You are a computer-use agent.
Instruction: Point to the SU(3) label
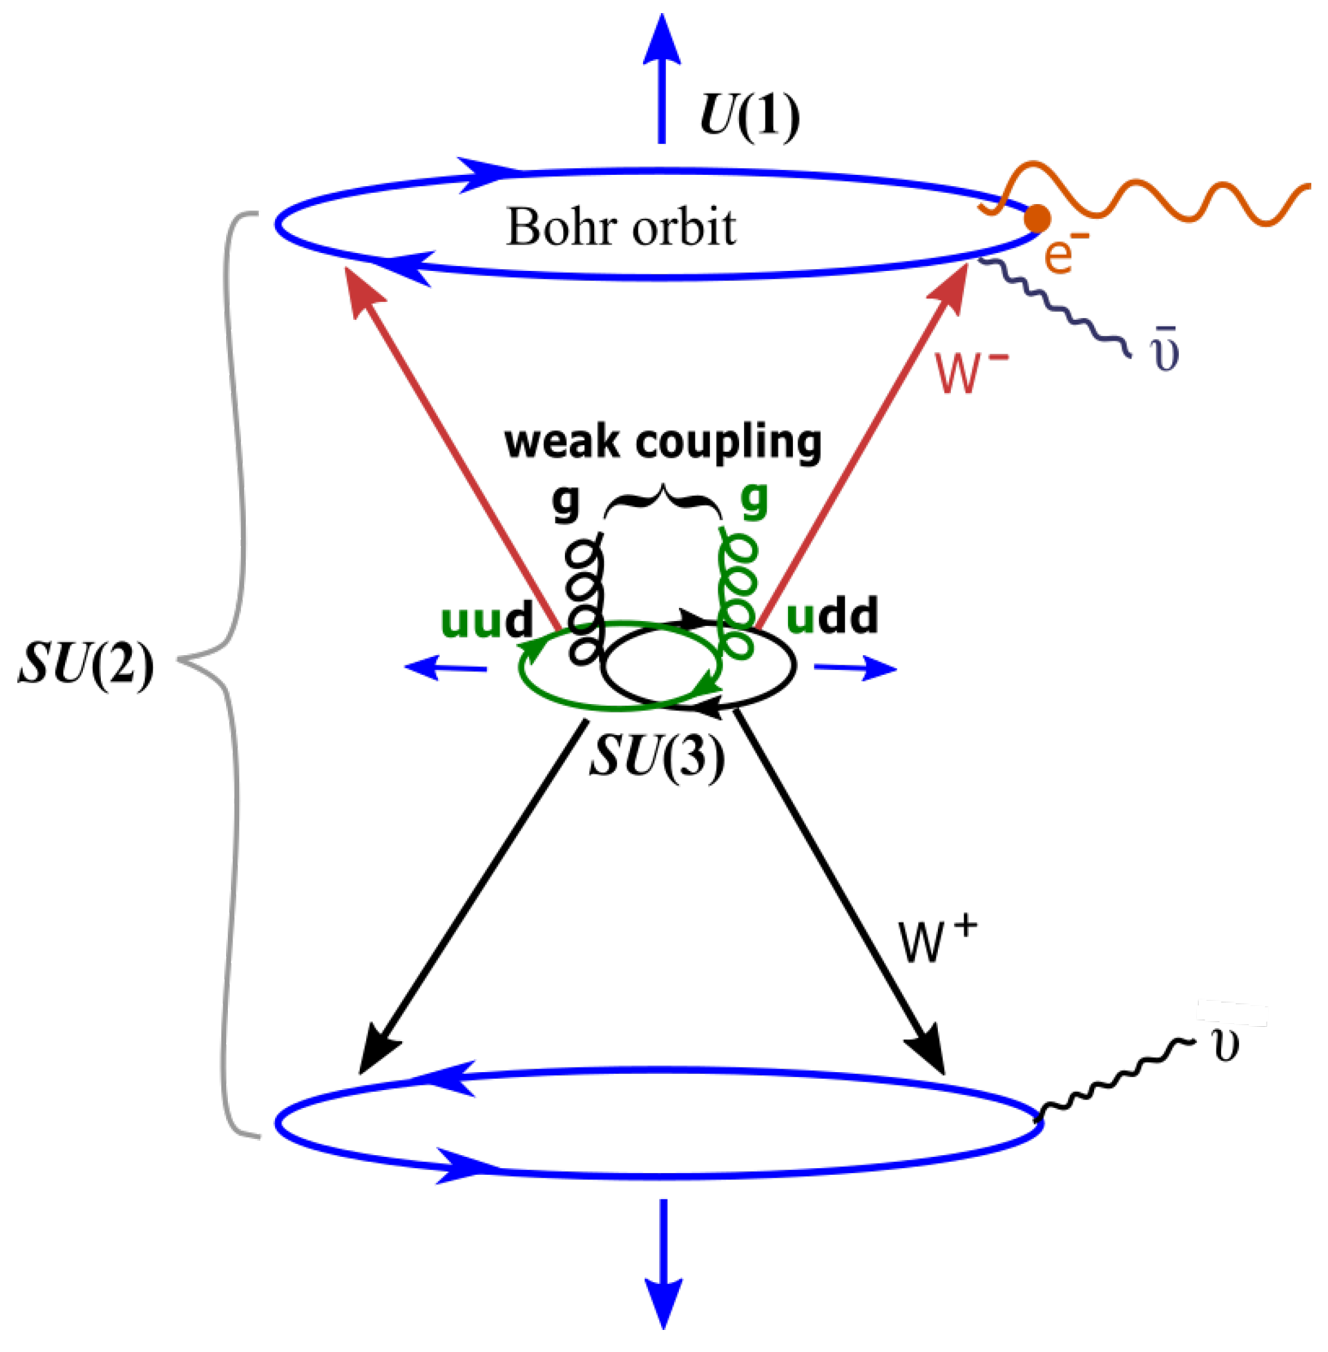click(657, 758)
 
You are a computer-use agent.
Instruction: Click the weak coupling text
click(663, 442)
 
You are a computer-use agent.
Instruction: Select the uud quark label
click(487, 619)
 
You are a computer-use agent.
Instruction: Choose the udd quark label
click(832, 617)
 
